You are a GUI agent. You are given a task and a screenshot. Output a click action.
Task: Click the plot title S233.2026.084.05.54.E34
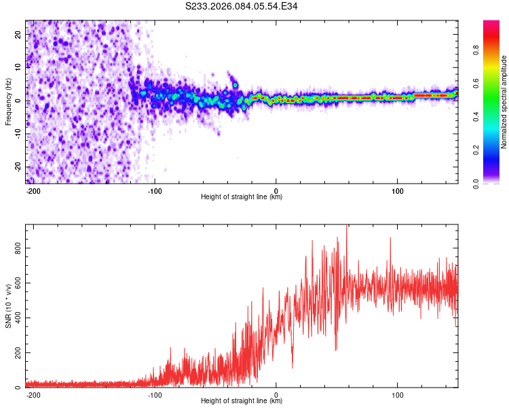pos(242,6)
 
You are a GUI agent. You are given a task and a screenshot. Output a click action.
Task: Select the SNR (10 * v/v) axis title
pos(8,306)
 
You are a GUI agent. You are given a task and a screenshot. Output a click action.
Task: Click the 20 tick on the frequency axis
pos(18,33)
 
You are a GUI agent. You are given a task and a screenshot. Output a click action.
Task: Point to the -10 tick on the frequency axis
pos(17,133)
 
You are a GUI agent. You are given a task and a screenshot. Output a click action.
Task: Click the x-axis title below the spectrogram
pos(242,197)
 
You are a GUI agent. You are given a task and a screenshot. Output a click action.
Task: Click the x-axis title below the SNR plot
pos(242,401)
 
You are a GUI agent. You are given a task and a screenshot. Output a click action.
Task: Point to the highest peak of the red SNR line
pos(347,226)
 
